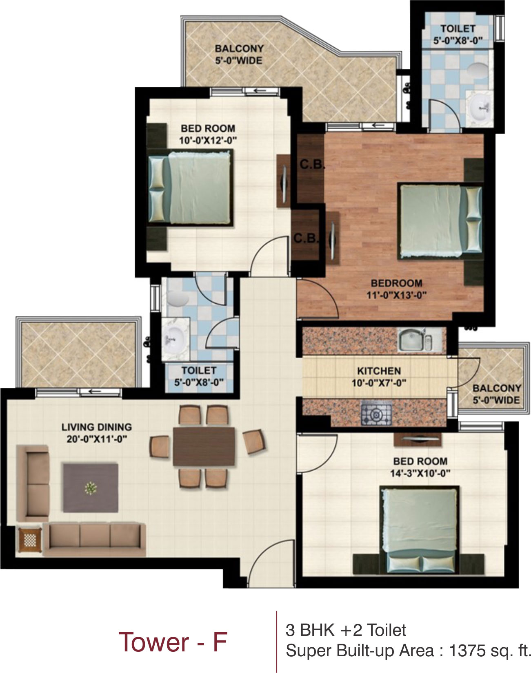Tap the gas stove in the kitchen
(x=376, y=415)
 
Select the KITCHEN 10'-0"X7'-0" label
(x=379, y=377)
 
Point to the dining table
(x=204, y=446)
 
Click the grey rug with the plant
(x=90, y=488)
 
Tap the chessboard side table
(x=30, y=540)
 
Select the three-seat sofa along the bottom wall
(x=94, y=540)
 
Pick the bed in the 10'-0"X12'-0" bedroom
(x=190, y=188)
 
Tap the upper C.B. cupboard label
(x=312, y=165)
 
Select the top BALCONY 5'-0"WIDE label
(x=239, y=54)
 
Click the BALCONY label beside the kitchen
(x=497, y=394)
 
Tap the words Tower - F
(x=173, y=642)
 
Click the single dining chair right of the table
(x=254, y=441)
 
